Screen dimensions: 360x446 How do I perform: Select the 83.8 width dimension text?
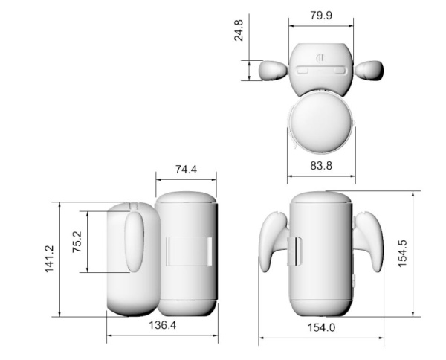point(320,167)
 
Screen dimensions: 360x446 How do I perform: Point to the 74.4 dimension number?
point(186,170)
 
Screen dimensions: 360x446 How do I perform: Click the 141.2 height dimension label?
point(50,259)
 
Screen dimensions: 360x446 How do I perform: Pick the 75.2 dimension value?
point(77,241)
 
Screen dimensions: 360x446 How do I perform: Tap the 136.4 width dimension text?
point(163,326)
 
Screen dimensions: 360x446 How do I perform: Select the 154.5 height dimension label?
point(402,253)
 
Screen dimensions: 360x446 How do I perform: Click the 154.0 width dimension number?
point(321,327)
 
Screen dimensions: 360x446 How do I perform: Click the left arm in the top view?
point(273,70)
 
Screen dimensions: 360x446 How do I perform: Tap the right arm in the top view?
point(369,71)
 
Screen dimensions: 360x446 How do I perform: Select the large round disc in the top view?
point(320,123)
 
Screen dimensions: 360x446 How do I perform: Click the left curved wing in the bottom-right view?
point(273,240)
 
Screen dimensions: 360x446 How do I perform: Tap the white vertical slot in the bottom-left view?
point(210,251)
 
